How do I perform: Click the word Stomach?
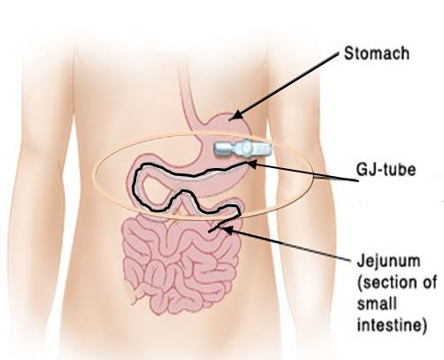pyautogui.click(x=377, y=54)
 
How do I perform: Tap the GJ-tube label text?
pyautogui.click(x=386, y=170)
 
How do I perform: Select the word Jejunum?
pyautogui.click(x=388, y=262)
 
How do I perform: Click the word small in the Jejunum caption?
pyautogui.click(x=377, y=303)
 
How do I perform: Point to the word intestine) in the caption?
pyautogui.click(x=392, y=325)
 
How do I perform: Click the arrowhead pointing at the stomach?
pyautogui.click(x=235, y=116)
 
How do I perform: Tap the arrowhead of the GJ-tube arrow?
pyautogui.click(x=252, y=164)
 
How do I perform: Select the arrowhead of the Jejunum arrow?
pyautogui.click(x=226, y=230)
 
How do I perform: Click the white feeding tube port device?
pyautogui.click(x=242, y=148)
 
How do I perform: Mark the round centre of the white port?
pyautogui.click(x=246, y=148)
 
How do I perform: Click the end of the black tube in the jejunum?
pyautogui.click(x=210, y=232)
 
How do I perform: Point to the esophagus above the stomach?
pyautogui.click(x=188, y=97)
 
